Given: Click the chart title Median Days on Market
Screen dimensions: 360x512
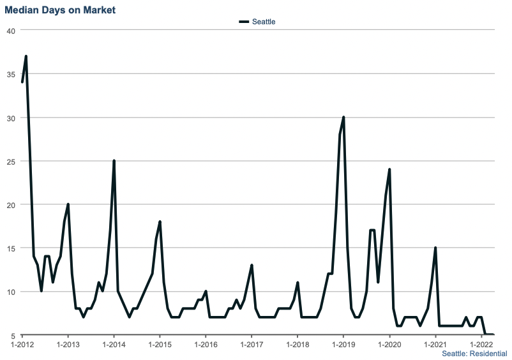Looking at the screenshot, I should [60, 11].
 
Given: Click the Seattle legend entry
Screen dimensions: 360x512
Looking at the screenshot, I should [257, 22].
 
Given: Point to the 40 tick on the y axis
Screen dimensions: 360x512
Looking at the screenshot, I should [11, 30].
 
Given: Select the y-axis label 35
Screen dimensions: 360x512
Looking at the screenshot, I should [11, 74].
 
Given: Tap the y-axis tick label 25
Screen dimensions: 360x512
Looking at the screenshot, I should [11, 161].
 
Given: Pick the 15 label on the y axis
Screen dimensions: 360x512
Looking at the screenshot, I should [11, 248].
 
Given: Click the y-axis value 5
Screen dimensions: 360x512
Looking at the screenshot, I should [13, 335].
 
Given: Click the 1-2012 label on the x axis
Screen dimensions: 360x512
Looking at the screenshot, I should [22, 345].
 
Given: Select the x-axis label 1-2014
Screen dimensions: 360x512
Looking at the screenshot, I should [114, 345].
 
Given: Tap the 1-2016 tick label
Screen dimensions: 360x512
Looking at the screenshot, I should [206, 345].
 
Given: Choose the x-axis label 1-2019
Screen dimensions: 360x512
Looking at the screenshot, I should [343, 345].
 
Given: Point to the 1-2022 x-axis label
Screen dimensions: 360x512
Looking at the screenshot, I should [481, 345].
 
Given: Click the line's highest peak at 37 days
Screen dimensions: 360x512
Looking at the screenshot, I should [26, 56].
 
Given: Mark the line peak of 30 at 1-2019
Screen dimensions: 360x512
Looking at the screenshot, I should [343, 117].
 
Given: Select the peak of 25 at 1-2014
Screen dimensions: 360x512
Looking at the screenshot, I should [114, 161].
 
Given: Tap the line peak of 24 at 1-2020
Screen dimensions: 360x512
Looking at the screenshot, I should [389, 170].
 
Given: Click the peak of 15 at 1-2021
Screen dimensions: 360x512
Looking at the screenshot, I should [435, 248].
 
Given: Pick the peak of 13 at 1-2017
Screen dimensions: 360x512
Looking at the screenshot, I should [252, 266].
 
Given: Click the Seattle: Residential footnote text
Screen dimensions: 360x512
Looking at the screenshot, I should [474, 354].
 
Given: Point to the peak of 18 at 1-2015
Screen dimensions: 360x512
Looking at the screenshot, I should [160, 221].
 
